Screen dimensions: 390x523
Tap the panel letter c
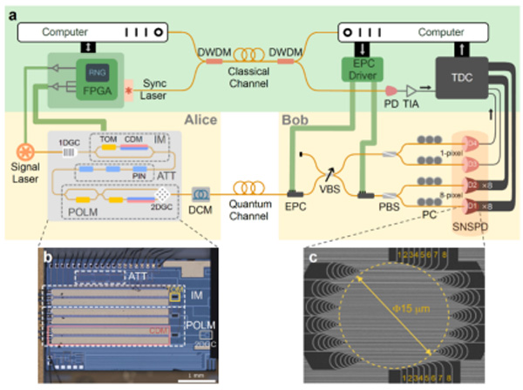pos(316,259)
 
